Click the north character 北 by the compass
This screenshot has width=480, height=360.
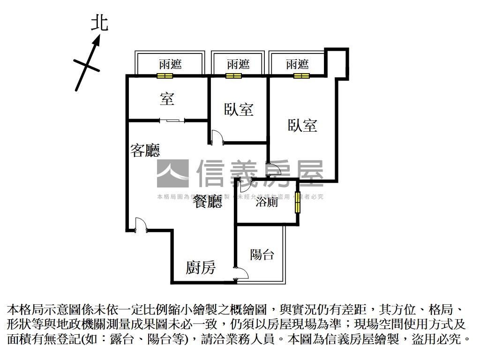click(99, 22)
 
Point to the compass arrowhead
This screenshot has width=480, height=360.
click(97, 42)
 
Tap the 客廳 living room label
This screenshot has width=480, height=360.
click(145, 150)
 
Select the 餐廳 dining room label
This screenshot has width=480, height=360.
click(208, 202)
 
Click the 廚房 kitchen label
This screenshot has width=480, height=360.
click(201, 268)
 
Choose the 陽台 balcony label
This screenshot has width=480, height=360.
click(262, 255)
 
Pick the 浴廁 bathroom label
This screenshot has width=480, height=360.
click(267, 202)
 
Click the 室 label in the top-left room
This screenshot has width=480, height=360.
click(167, 98)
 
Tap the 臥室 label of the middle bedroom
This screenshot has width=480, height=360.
click(239, 110)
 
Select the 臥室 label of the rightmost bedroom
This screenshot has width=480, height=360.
click(302, 125)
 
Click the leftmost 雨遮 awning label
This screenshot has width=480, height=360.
click(170, 64)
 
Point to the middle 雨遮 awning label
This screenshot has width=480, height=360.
click(238, 64)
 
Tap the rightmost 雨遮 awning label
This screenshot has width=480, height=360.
click(297, 64)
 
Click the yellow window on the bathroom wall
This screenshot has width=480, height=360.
click(297, 202)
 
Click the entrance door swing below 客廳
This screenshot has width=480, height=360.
click(140, 225)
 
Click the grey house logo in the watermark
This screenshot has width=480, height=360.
click(172, 173)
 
